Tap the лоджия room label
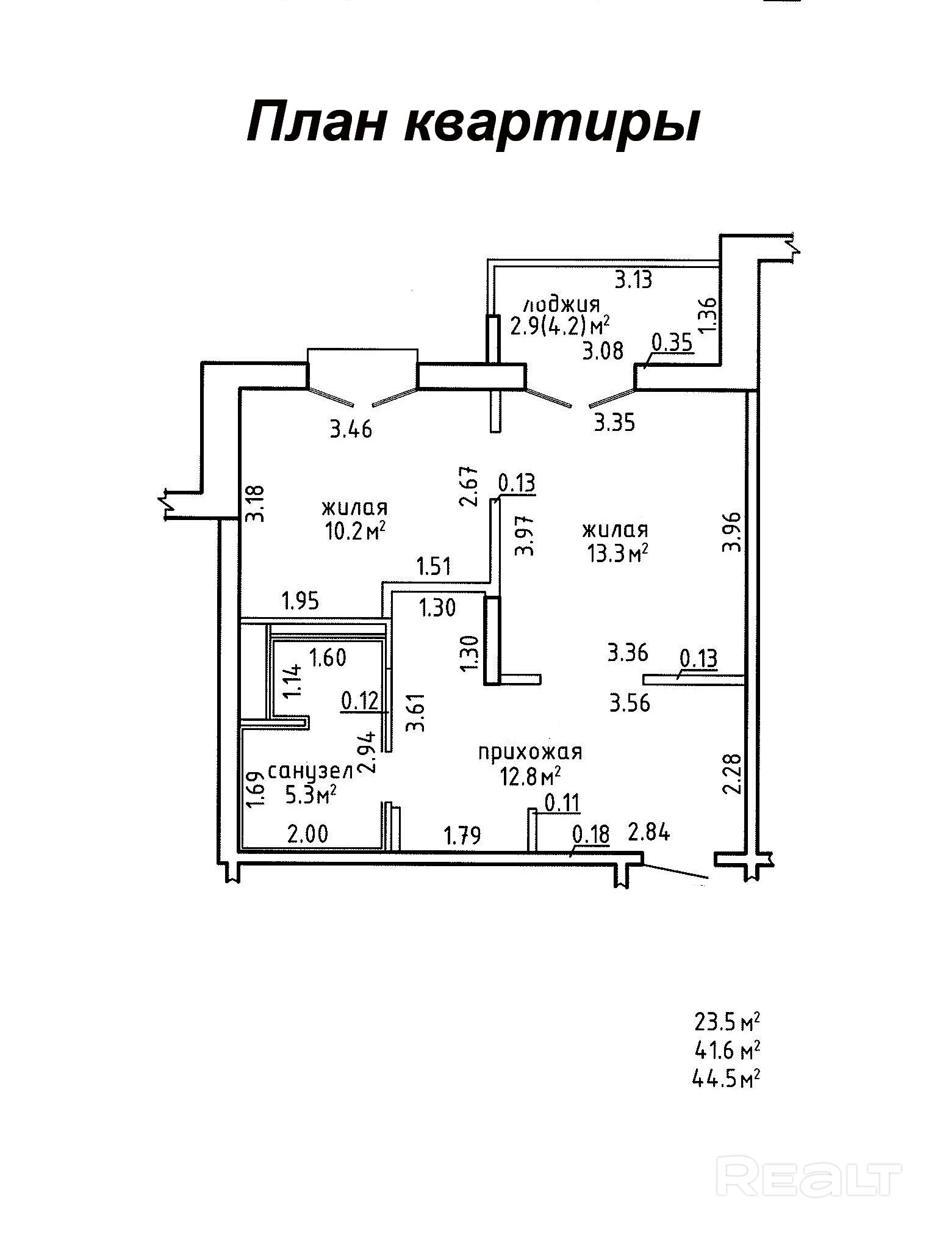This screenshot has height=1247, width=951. tap(562, 303)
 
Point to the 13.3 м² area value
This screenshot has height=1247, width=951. tap(615, 553)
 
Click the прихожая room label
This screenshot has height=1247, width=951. tap(530, 752)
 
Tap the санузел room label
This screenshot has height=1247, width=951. tap(310, 772)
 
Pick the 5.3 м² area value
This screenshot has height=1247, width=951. tap(312, 795)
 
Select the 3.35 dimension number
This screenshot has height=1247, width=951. tap(615, 422)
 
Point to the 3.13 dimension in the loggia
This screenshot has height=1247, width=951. tap(633, 280)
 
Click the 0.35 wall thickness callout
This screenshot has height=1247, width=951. tap(672, 343)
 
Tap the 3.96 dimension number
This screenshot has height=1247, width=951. tap(731, 532)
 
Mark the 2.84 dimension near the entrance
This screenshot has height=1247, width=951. tap(649, 832)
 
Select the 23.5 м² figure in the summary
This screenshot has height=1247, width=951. tap(726, 1021)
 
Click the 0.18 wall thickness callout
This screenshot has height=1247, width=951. tap(590, 834)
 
